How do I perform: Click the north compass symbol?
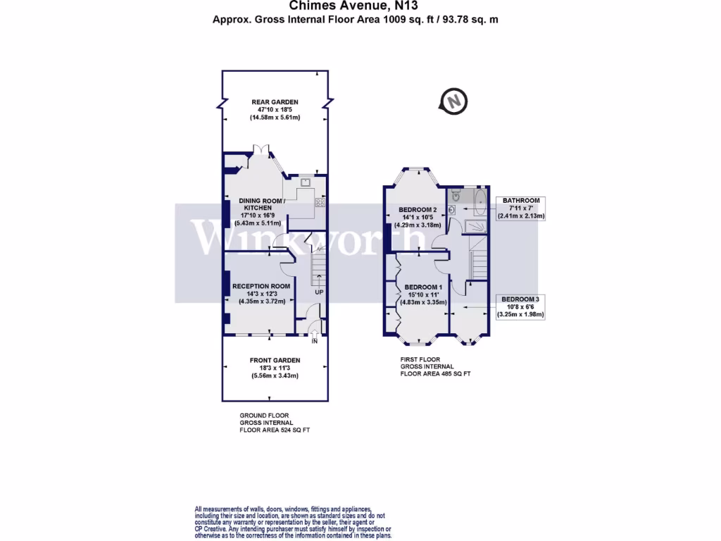tap(454, 101)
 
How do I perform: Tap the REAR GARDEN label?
tap(275, 102)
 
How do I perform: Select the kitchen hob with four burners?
tap(320, 202)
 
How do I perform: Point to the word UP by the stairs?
tap(319, 292)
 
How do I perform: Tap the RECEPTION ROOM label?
tap(261, 285)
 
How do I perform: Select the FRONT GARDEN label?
tap(275, 361)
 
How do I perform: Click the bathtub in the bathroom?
tap(480, 201)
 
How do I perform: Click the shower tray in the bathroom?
tap(476, 225)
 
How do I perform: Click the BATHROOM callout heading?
tap(521, 201)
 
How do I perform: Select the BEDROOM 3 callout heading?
tap(522, 299)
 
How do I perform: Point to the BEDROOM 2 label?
tap(418, 210)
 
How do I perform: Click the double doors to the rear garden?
tap(261, 150)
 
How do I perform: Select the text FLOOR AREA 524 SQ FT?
tap(275, 429)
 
